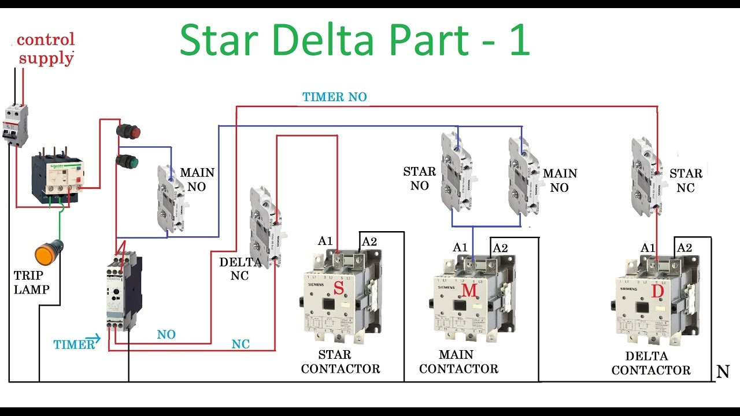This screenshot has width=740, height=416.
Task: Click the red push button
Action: (128, 131)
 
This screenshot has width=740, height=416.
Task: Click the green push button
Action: (128, 161)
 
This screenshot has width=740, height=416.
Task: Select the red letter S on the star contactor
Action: (339, 287)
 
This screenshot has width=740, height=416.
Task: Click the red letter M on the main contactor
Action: (469, 291)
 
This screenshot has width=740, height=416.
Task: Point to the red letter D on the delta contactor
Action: (657, 292)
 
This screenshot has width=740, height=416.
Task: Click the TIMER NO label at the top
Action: (334, 97)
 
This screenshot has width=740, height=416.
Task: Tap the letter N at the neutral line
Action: (723, 372)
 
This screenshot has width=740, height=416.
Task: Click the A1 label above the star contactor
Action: (325, 241)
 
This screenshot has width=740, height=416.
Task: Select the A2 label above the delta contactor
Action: (684, 248)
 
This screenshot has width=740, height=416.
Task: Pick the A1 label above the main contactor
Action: (460, 247)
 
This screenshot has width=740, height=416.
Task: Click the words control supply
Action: (46, 49)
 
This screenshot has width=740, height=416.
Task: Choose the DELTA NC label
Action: (240, 269)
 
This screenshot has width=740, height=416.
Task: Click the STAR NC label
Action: (686, 180)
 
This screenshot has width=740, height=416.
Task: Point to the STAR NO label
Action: (419, 179)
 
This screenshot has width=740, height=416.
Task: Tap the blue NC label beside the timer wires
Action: (240, 344)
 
